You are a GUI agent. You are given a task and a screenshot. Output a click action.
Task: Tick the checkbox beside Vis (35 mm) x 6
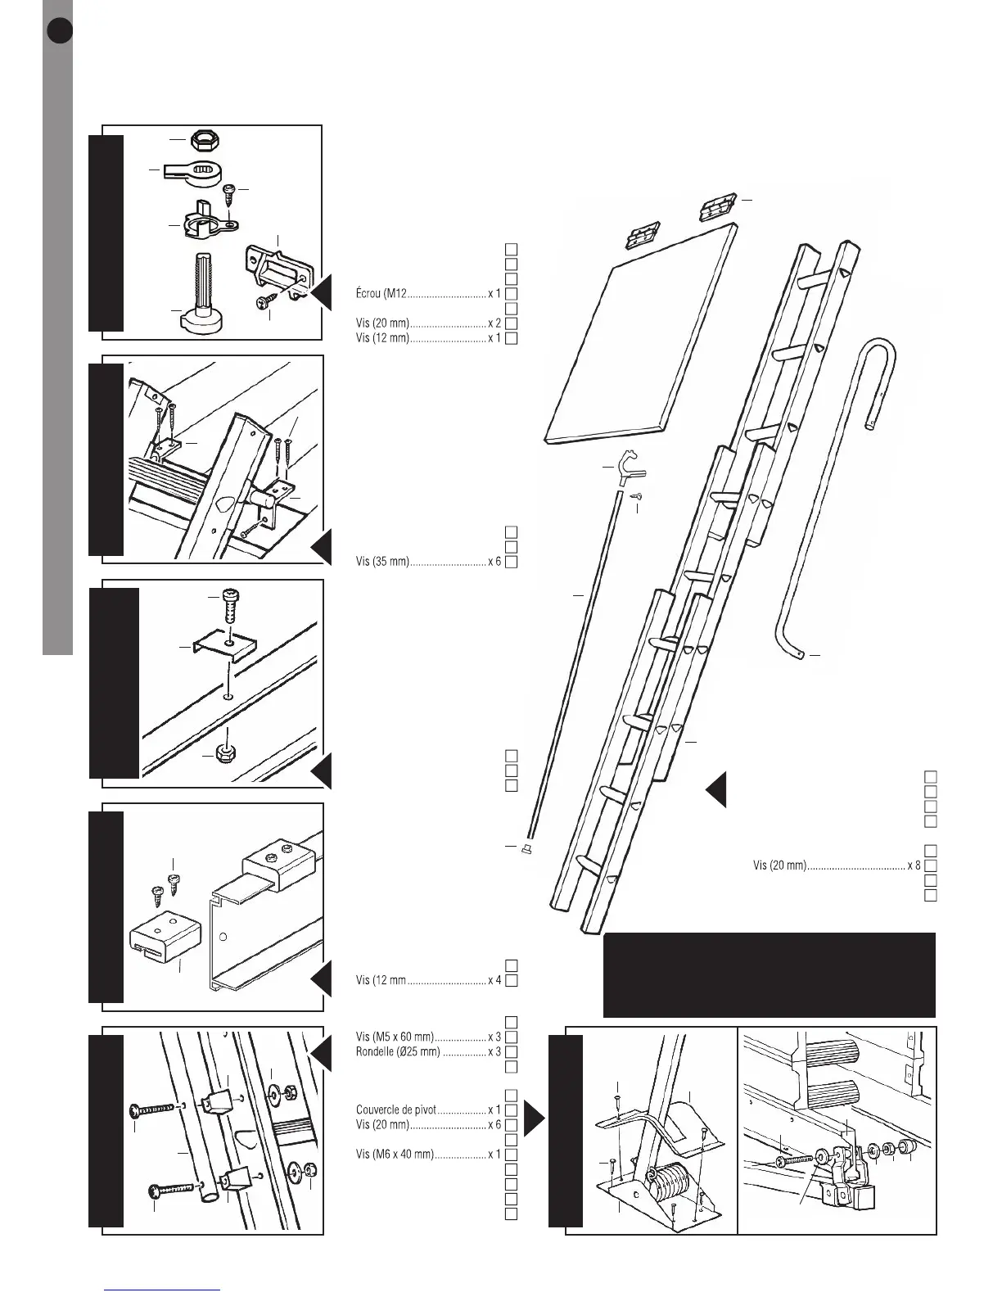(x=510, y=563)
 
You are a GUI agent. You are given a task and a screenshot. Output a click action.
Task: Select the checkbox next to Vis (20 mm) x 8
(x=930, y=865)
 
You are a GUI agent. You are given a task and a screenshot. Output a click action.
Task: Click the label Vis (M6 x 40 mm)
(x=395, y=1155)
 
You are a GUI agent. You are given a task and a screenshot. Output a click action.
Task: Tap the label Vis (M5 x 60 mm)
(x=395, y=1037)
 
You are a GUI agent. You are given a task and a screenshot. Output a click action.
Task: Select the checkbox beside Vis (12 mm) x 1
(x=510, y=338)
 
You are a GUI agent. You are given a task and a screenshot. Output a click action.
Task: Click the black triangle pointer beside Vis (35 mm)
(x=321, y=547)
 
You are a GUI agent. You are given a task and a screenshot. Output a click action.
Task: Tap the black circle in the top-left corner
(x=60, y=30)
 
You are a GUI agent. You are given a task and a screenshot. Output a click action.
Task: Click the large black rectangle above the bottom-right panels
(x=769, y=974)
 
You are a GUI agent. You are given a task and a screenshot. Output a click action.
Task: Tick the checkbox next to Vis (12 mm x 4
(x=510, y=980)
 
